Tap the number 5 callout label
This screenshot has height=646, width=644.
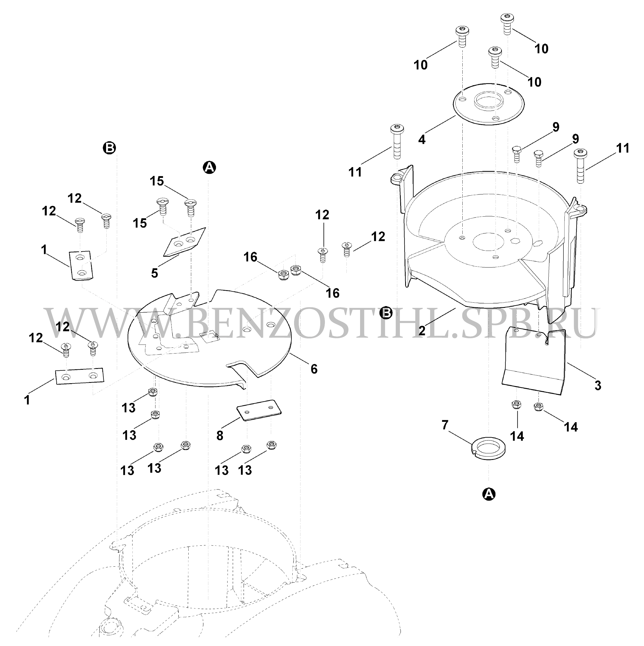[x=154, y=272]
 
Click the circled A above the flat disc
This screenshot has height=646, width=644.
[x=210, y=167]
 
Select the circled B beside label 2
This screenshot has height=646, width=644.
[x=386, y=313]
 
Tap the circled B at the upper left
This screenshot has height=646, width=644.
[x=110, y=147]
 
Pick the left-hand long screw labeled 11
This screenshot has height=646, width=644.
[x=397, y=142]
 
